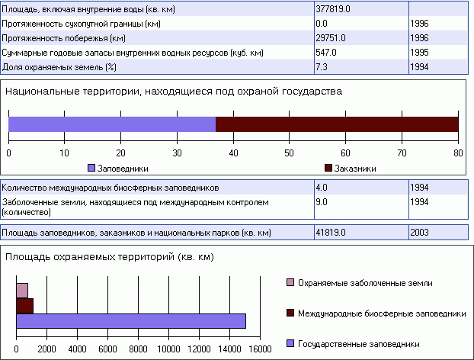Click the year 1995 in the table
(x=419, y=52)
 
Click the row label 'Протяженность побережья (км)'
(x=63, y=37)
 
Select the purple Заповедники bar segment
(x=112, y=124)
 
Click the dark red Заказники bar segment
(x=337, y=124)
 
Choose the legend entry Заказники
(x=356, y=168)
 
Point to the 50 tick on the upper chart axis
(x=290, y=153)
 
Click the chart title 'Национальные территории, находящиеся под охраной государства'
(x=174, y=91)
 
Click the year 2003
(x=419, y=232)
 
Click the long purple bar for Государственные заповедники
(x=130, y=321)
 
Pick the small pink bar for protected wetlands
(x=22, y=290)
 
